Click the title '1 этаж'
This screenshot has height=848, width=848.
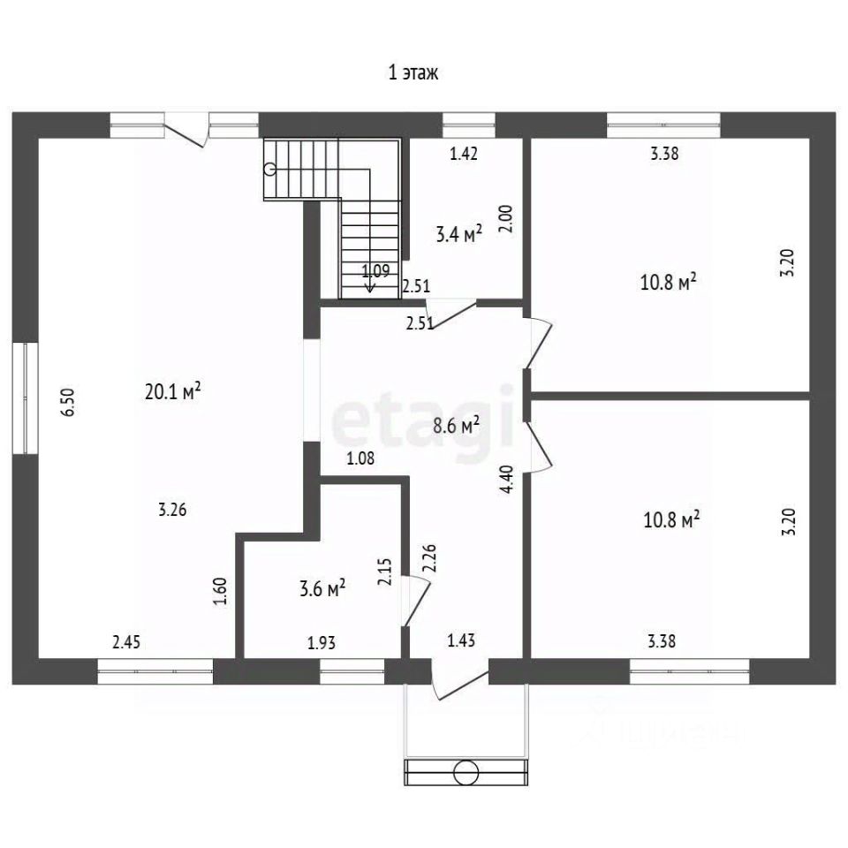[x=413, y=72]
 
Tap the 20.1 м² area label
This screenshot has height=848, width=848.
[x=173, y=391]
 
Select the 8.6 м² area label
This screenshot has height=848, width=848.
[x=457, y=426]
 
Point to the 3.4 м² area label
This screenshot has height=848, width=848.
[x=459, y=234]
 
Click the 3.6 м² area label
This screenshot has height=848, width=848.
[x=322, y=588]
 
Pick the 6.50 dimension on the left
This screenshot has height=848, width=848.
[x=69, y=402]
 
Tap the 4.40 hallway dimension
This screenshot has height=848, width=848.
[x=507, y=480]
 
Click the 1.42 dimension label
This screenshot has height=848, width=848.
[x=464, y=154]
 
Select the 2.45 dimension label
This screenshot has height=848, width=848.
[x=126, y=642]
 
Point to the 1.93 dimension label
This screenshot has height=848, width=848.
[x=322, y=643]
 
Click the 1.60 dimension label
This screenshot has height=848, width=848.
[x=220, y=592]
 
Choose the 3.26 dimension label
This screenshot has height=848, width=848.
[x=172, y=510]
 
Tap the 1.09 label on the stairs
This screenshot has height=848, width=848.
[x=375, y=270]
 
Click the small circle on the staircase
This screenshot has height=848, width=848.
[x=269, y=170]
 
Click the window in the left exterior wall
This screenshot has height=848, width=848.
[x=25, y=397]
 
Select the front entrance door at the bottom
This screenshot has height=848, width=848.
[x=460, y=679]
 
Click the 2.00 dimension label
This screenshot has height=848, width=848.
[x=507, y=218]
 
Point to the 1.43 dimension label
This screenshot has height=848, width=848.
[x=461, y=640]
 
